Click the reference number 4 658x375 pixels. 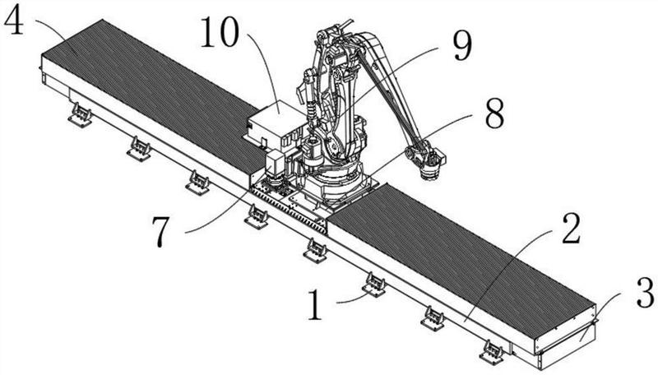click(x=13, y=19)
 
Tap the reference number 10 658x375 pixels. click(x=220, y=32)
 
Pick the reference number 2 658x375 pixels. click(x=571, y=229)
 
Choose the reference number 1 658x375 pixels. click(x=315, y=305)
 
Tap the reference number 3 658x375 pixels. click(x=646, y=294)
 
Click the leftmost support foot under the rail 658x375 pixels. click(x=80, y=115)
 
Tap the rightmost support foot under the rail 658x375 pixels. click(x=493, y=351)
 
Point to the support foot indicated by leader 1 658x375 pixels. click(x=374, y=285)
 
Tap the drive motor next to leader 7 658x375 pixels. click(x=276, y=166)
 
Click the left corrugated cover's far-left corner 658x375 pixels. click(x=43, y=54)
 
